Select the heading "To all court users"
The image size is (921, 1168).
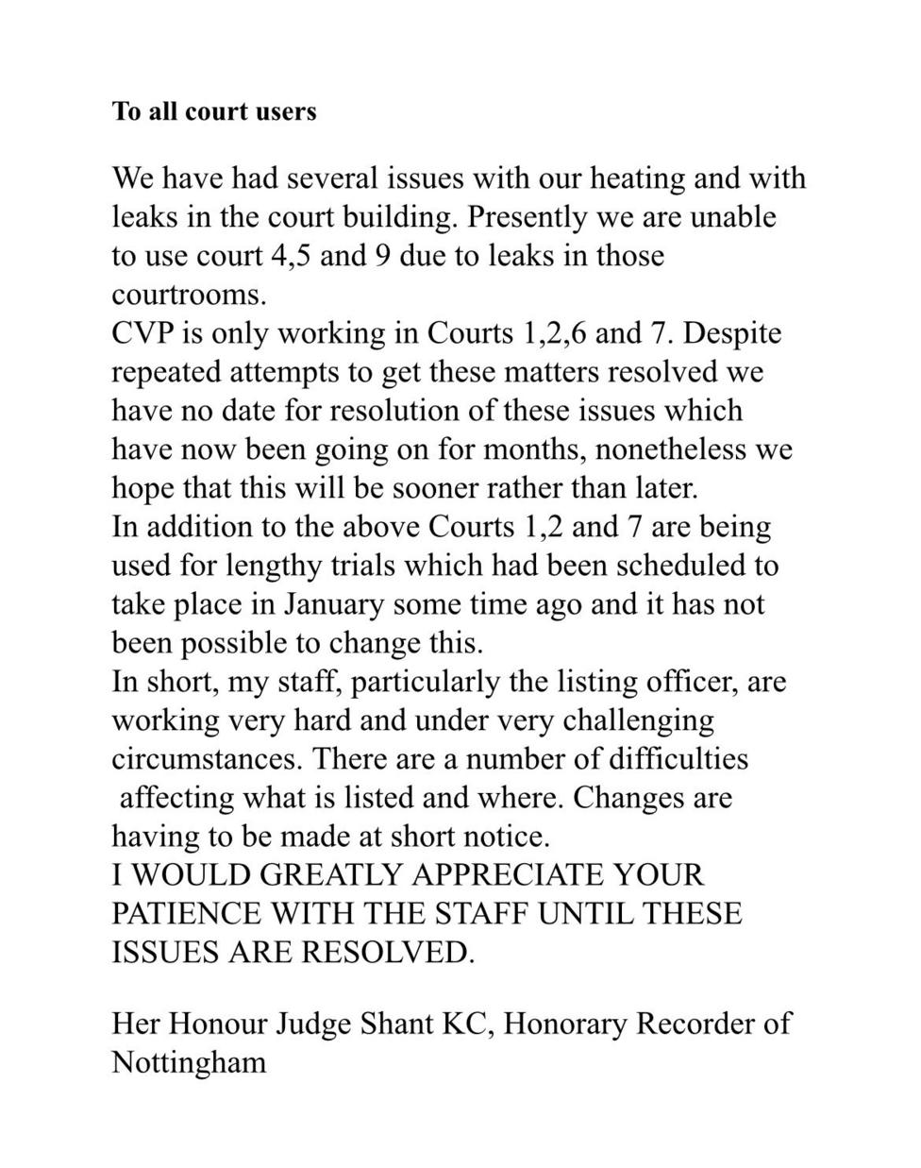[214, 111]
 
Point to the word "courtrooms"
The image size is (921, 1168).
[187, 295]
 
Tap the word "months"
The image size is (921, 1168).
[534, 449]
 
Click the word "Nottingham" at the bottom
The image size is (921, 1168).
[189, 1062]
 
